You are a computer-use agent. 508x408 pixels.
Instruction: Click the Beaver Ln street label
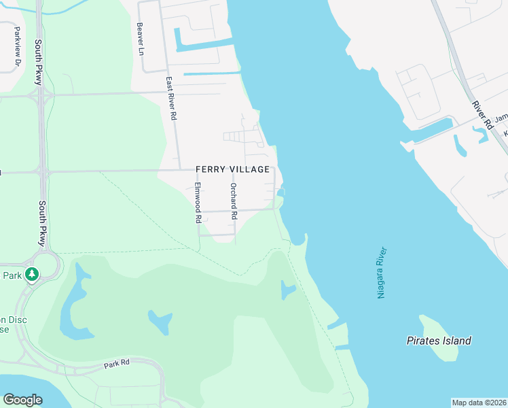pyautogui.click(x=141, y=39)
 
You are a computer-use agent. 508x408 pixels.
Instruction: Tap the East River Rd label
pyautogui.click(x=171, y=99)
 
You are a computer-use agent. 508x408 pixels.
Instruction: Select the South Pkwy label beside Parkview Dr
pyautogui.click(x=39, y=63)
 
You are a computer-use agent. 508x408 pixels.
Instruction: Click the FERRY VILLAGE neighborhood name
pyautogui.click(x=232, y=169)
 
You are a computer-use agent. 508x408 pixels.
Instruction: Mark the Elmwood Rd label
pyautogui.click(x=198, y=203)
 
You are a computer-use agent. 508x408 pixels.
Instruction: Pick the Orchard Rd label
pyautogui.click(x=234, y=201)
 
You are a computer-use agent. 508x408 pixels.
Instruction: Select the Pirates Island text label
pyautogui.click(x=439, y=341)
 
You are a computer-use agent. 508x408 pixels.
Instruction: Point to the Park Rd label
pyautogui.click(x=117, y=364)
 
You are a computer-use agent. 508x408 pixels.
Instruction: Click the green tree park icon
pyautogui.click(x=31, y=275)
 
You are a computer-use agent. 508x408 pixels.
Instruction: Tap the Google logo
pyautogui.click(x=22, y=400)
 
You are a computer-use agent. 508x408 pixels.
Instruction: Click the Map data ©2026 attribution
pyautogui.click(x=479, y=402)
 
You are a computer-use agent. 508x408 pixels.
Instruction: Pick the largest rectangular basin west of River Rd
pyautogui.click(x=433, y=129)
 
